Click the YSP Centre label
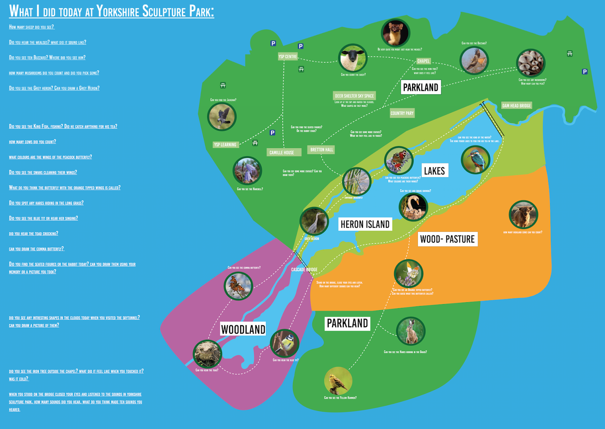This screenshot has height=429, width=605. click(x=288, y=57)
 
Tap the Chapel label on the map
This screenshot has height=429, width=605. click(x=423, y=61)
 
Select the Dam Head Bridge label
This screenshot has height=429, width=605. click(x=517, y=106)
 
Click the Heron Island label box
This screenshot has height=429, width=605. click(x=365, y=224)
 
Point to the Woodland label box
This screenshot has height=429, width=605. click(x=243, y=329)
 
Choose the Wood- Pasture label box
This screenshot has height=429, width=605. click(x=447, y=239)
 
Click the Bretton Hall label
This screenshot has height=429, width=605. click(x=321, y=150)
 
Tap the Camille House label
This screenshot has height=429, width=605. click(x=282, y=152)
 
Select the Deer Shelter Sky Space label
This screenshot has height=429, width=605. click(x=354, y=96)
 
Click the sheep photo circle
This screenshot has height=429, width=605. click(x=353, y=58)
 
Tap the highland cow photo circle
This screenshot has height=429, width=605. click(x=523, y=214)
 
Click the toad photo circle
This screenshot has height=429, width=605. click(x=207, y=354)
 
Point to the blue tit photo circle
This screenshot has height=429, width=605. click(x=285, y=344)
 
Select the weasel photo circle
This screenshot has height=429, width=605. click(x=396, y=33)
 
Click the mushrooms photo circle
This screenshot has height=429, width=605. click(x=531, y=63)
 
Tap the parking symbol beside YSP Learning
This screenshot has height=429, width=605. click(x=273, y=133)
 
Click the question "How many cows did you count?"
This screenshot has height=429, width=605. click(x=33, y=142)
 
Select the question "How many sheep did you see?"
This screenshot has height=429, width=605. click(x=32, y=27)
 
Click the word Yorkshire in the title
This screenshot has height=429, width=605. click(x=118, y=11)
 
